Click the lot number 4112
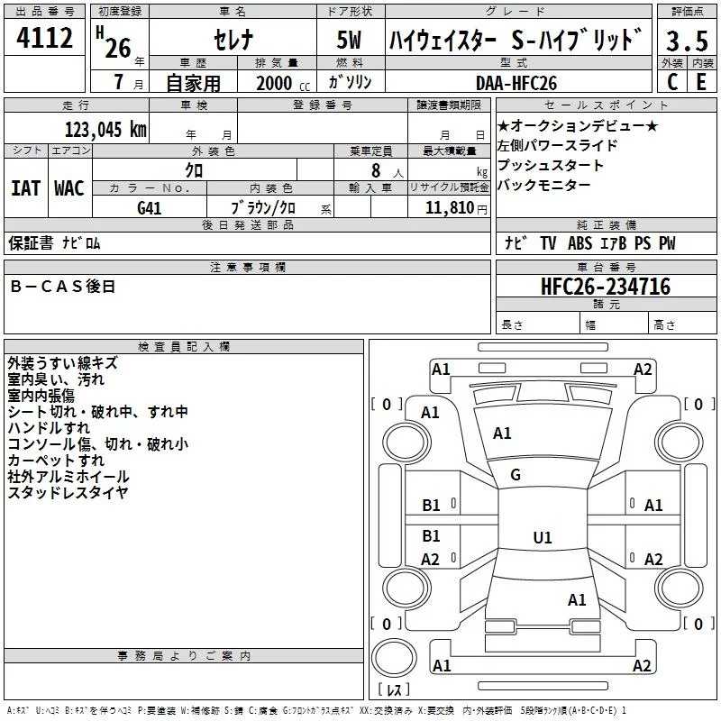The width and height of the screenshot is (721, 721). (x=44, y=38)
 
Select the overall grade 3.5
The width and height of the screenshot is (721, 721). (x=687, y=41)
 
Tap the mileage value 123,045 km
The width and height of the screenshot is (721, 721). (x=105, y=130)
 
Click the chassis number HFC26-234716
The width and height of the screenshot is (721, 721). (x=606, y=287)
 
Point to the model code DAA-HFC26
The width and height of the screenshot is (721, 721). (x=516, y=83)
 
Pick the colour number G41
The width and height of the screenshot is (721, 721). (x=150, y=208)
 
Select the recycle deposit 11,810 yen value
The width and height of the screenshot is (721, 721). (x=456, y=208)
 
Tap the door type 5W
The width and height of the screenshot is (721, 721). (x=349, y=40)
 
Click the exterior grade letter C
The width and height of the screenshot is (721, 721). (x=672, y=82)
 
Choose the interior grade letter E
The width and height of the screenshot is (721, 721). (x=701, y=82)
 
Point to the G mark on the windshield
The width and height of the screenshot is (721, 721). (x=516, y=475)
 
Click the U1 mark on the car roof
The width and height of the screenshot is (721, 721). (x=543, y=537)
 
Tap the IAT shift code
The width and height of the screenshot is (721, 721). (x=26, y=188)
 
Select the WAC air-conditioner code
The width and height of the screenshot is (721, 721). (x=69, y=188)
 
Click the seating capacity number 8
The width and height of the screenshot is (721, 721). (x=376, y=170)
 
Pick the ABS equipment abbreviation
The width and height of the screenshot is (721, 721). (x=580, y=243)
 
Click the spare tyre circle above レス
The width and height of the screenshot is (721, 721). (x=394, y=658)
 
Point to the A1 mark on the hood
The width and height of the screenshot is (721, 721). (x=502, y=434)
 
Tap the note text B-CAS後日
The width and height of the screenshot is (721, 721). (x=62, y=287)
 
